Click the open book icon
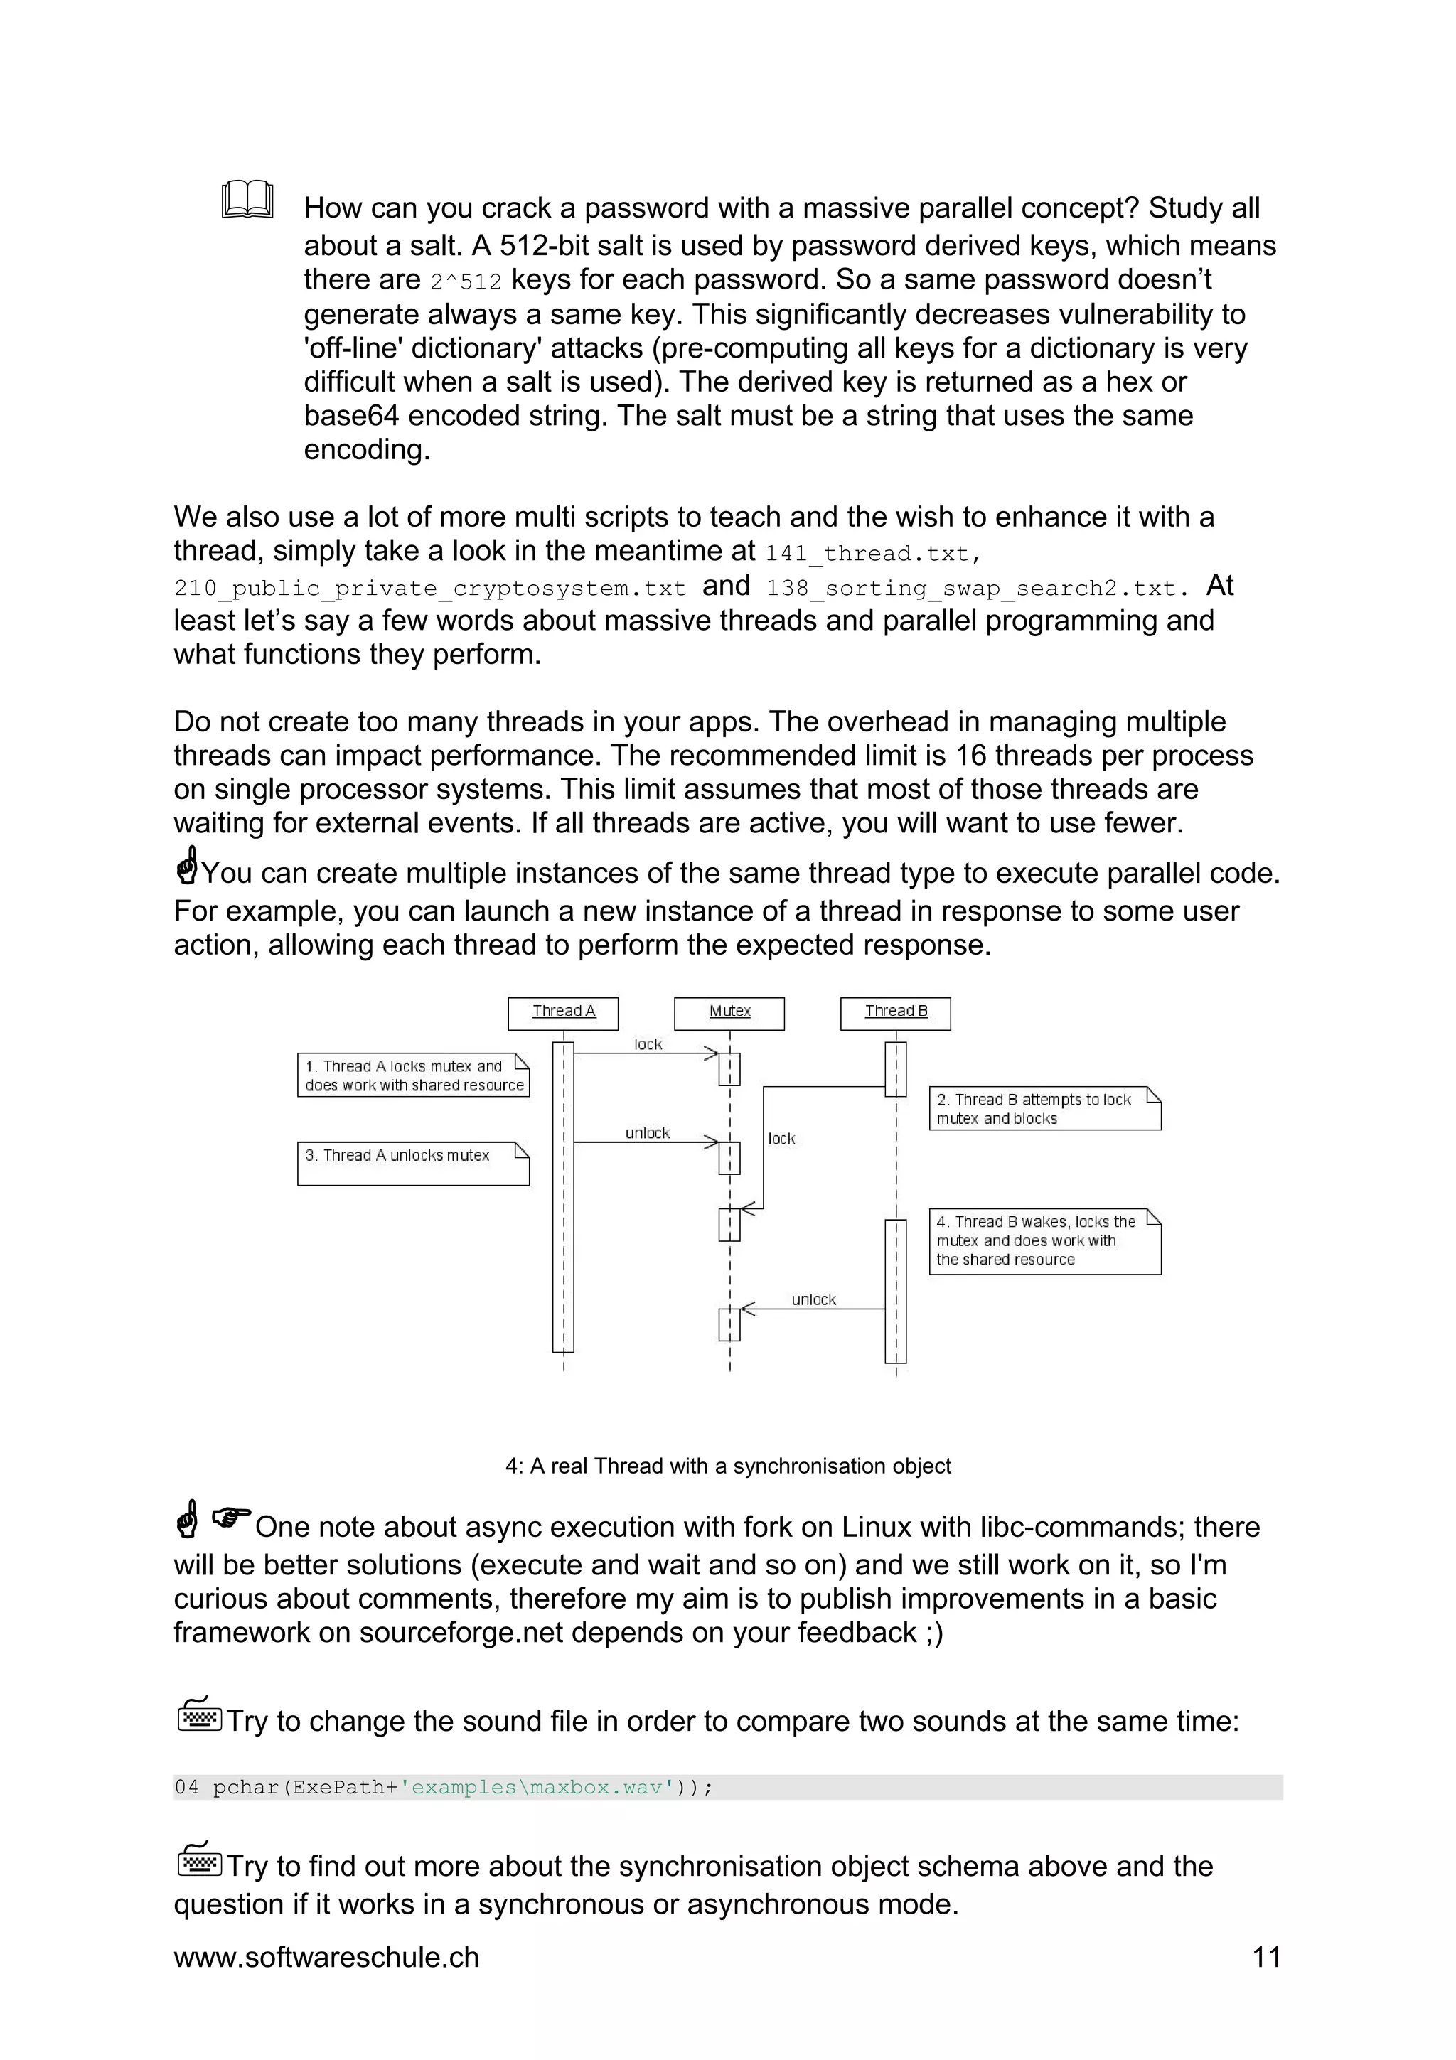tap(247, 199)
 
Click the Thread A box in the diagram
tap(563, 1013)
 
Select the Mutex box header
tap(729, 1013)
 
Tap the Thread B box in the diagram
tap(895, 1013)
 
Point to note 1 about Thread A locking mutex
tap(414, 1075)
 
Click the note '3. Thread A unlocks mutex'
tap(414, 1163)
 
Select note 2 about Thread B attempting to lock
tap(1044, 1108)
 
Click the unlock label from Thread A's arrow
tap(647, 1133)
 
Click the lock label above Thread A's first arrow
tap(647, 1044)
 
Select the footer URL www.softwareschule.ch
tap(326, 1957)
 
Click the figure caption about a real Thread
tap(727, 1465)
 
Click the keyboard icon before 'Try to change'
tap(198, 1715)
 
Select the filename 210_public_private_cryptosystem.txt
tap(429, 589)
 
